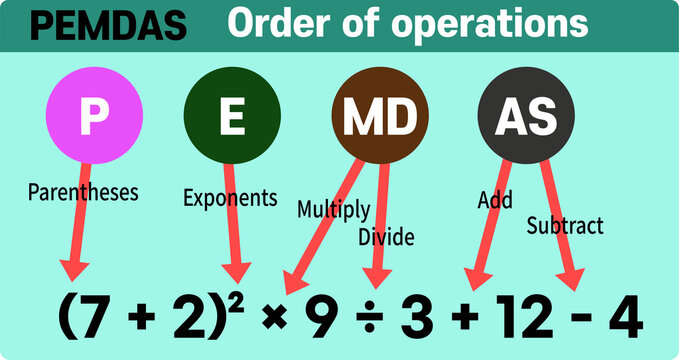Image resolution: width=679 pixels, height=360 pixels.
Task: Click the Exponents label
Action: pyautogui.click(x=230, y=198)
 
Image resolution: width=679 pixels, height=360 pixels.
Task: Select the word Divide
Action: pyautogui.click(x=386, y=237)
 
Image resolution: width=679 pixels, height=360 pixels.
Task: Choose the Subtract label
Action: pyautogui.click(x=565, y=226)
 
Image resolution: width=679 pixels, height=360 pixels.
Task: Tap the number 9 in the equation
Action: pyautogui.click(x=318, y=319)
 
